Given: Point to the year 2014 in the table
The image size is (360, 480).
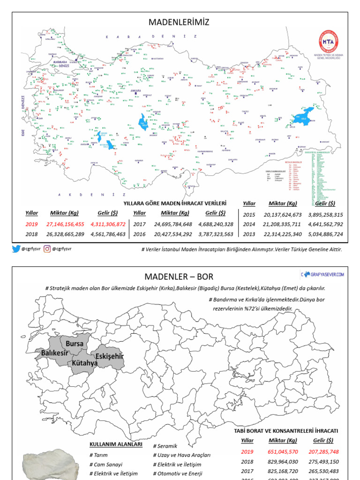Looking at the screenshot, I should pos(249,225).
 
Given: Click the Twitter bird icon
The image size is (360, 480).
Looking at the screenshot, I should pos(16,249).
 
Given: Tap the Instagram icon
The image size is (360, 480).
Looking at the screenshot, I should pos(47,249).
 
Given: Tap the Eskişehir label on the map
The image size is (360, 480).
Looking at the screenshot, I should pos(109,357).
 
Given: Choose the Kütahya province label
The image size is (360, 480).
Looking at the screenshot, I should pos(85,363).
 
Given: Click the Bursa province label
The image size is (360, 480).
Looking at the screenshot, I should pos(75,343).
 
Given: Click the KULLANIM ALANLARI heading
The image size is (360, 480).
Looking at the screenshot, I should pos(116,444).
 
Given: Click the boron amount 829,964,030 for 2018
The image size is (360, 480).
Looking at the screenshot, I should pos(283,461).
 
